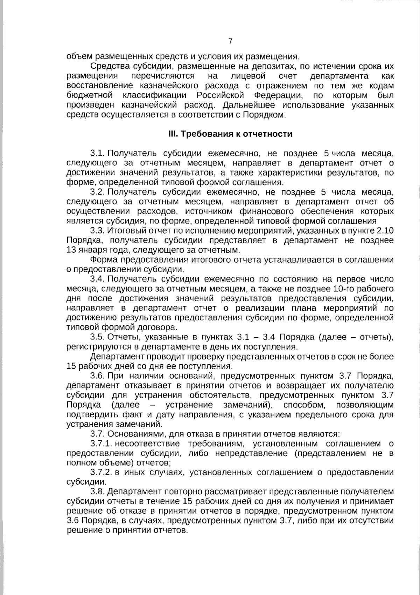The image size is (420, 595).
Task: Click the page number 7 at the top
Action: point(230,41)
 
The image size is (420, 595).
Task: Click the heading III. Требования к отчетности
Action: point(230,134)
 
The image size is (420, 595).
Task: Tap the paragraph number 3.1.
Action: point(98,153)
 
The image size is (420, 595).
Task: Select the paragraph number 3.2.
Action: point(98,192)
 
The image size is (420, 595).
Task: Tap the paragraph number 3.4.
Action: point(98,279)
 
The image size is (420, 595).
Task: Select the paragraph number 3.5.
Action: point(98,337)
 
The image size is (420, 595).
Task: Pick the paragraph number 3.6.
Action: point(98,376)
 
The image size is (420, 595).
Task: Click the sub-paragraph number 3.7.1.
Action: point(101,444)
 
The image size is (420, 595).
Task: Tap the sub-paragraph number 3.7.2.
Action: point(101,472)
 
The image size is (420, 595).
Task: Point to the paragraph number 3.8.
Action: point(98,492)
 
